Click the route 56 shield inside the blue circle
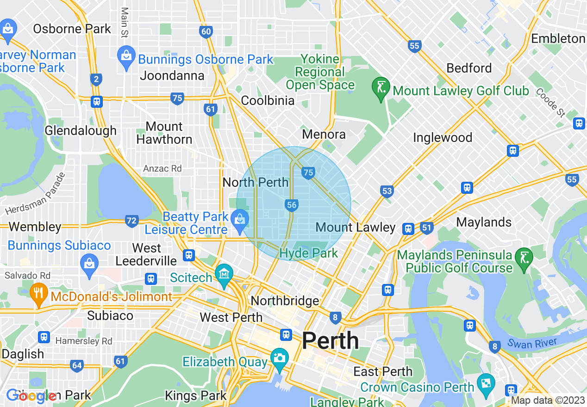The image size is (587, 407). click(291, 205)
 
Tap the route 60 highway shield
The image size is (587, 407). click(206, 31)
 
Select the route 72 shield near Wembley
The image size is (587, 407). click(131, 221)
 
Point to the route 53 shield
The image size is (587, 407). click(387, 191)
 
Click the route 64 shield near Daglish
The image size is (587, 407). click(77, 366)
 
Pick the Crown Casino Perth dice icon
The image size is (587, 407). click(486, 383)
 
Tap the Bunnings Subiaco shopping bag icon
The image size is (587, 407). click(89, 264)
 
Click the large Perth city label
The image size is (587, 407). click(330, 341)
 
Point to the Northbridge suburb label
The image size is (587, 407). click(285, 301)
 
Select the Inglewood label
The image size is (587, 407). click(443, 137)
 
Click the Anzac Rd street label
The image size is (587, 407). click(162, 168)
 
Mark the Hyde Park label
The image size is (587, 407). click(309, 253)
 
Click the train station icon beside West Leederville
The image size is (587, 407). click(189, 255)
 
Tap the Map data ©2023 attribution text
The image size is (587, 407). click(548, 401)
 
